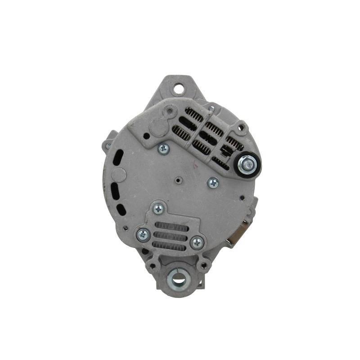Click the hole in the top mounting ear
pyautogui.click(x=179, y=89)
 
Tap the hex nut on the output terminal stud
pyautogui.click(x=248, y=164)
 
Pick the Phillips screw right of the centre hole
pyautogui.click(x=213, y=182)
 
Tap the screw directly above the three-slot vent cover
pyautogui.click(x=158, y=208)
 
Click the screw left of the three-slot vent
pyautogui.click(x=143, y=234)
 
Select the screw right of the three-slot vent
pyautogui.click(x=197, y=243)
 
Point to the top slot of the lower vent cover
pyautogui.click(x=171, y=226)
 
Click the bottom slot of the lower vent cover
pyautogui.click(x=169, y=246)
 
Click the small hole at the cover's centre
pyautogui.click(x=179, y=181)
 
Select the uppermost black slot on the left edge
pyautogui.click(x=119, y=158)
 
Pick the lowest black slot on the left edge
pyautogui.click(x=121, y=209)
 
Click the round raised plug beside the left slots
pyautogui.click(x=118, y=175)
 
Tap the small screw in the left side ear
pyautogui.click(x=108, y=145)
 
